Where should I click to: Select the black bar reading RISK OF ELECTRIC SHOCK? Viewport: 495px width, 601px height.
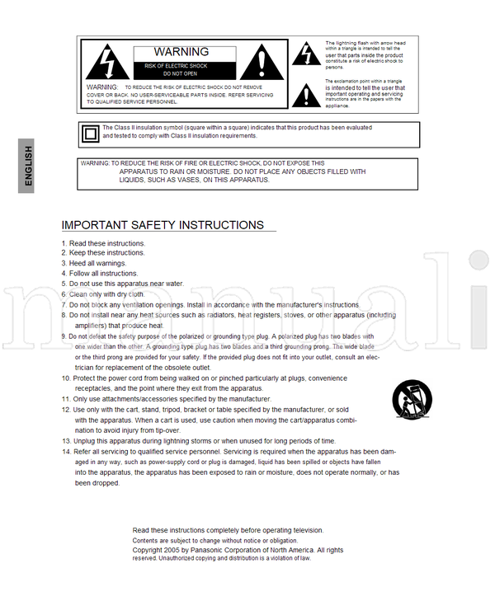point(177,65)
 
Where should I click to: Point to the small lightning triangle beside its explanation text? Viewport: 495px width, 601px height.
point(309,54)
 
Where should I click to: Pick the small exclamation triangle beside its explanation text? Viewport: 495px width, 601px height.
point(309,93)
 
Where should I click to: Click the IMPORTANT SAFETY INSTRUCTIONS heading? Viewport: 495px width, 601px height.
point(163,225)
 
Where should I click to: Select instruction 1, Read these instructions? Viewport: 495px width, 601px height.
point(103,244)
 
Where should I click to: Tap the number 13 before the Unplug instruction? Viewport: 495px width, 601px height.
point(66,441)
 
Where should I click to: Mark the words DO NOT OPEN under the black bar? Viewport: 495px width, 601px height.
point(179,74)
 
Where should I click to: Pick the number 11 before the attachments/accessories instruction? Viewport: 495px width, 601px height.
point(66,399)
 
